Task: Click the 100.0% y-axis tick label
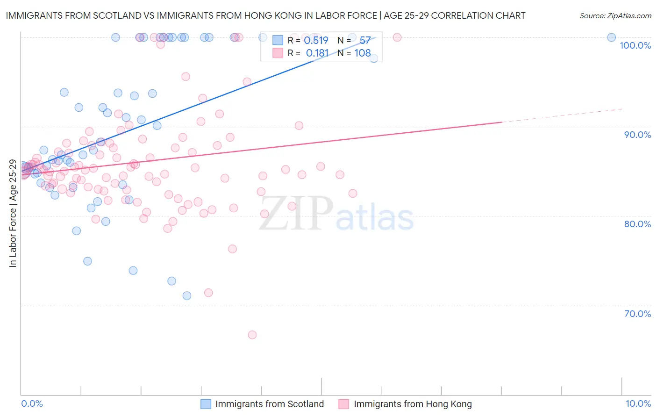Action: tap(635, 45)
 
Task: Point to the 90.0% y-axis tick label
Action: tap(637, 135)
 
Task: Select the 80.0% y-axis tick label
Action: tap(637, 224)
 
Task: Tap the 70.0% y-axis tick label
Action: tap(637, 314)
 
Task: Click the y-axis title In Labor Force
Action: tap(13, 214)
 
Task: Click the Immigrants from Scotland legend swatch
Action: tap(206, 404)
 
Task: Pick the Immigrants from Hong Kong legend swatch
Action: tap(344, 404)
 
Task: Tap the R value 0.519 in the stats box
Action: tap(316, 41)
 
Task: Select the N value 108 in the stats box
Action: tap(363, 53)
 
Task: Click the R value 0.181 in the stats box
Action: tap(317, 53)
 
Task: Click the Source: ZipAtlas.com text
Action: tap(615, 16)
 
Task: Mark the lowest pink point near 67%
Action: tap(252, 335)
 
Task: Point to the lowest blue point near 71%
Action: tap(187, 295)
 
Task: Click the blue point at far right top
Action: tap(611, 37)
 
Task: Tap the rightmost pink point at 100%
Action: tap(397, 37)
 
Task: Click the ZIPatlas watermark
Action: tap(336, 214)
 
